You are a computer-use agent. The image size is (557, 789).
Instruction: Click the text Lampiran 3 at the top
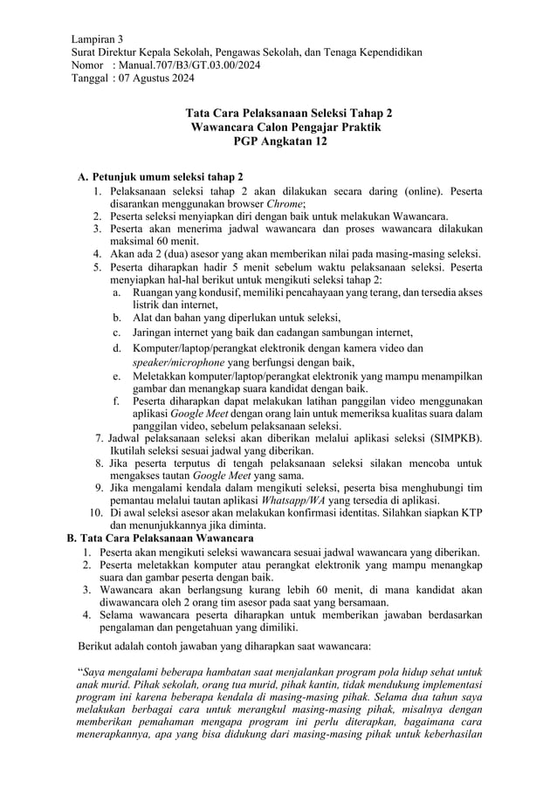click(x=97, y=39)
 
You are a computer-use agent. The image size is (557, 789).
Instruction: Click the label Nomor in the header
click(x=86, y=65)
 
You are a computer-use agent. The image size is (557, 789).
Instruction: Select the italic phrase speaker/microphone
click(x=183, y=362)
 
